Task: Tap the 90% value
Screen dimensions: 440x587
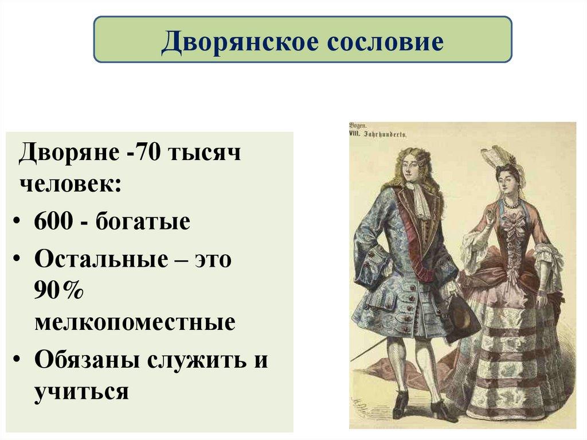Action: tap(59, 290)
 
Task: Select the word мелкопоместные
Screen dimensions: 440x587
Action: tap(134, 322)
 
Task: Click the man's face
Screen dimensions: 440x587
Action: tap(411, 169)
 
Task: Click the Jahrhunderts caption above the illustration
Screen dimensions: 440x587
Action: tap(382, 134)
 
